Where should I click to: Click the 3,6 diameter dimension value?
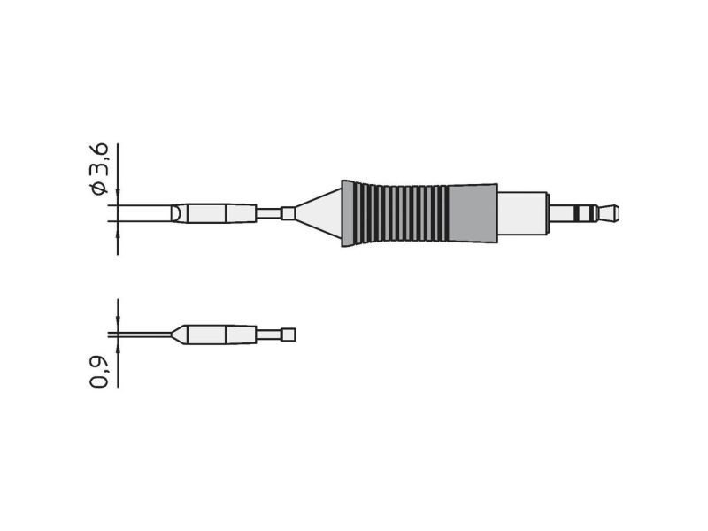pyautogui.click(x=99, y=158)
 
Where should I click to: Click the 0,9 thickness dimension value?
pyautogui.click(x=99, y=372)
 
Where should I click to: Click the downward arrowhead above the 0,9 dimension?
pyautogui.click(x=118, y=322)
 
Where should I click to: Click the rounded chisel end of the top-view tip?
pyautogui.click(x=180, y=213)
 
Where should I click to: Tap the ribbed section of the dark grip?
pyautogui.click(x=395, y=213)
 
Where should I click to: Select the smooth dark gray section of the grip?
pyautogui.click(x=473, y=213)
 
